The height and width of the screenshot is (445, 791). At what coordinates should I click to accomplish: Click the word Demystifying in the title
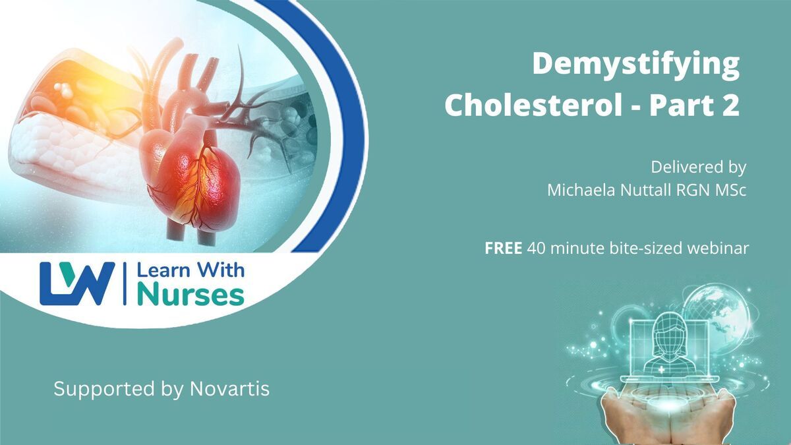[635, 65]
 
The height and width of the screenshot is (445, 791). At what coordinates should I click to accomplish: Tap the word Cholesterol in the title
[533, 105]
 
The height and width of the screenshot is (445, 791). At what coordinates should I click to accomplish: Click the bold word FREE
[503, 249]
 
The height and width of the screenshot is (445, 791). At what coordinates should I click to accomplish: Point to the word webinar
[718, 249]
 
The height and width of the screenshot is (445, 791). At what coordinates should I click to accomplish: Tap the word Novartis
[229, 389]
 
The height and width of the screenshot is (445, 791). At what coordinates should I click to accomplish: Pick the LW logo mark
[77, 283]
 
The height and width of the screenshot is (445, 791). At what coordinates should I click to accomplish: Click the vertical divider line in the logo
[125, 283]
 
